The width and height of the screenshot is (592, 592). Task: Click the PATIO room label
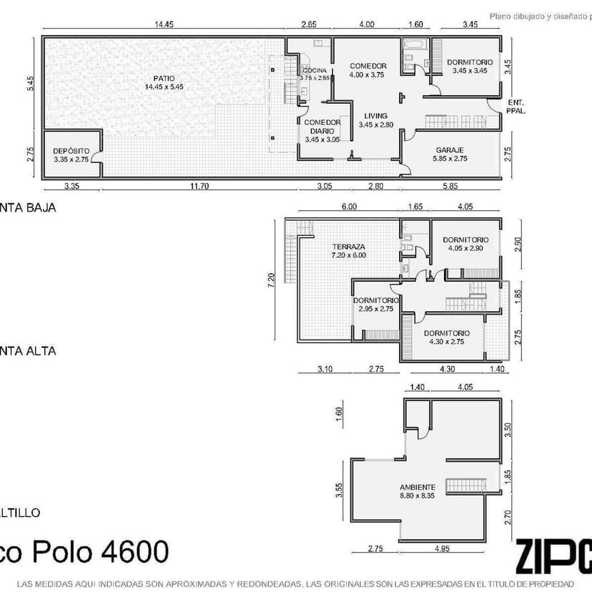pyautogui.click(x=164, y=79)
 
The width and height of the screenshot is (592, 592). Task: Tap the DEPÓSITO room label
pyautogui.click(x=71, y=151)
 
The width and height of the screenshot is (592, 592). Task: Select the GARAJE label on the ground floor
pyautogui.click(x=450, y=150)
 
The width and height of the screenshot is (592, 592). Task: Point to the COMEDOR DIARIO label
pyautogui.click(x=322, y=126)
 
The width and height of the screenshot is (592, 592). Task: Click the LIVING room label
pyautogui.click(x=375, y=116)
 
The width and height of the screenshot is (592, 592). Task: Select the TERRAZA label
pyautogui.click(x=348, y=246)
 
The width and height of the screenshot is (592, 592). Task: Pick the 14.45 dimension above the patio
pyautogui.click(x=164, y=25)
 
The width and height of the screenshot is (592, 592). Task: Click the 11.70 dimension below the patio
pyautogui.click(x=199, y=187)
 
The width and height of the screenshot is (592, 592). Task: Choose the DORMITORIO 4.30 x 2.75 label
pyautogui.click(x=447, y=333)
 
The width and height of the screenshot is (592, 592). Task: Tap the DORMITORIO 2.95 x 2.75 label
pyautogui.click(x=375, y=300)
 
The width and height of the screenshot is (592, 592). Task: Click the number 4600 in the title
pyautogui.click(x=136, y=551)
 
